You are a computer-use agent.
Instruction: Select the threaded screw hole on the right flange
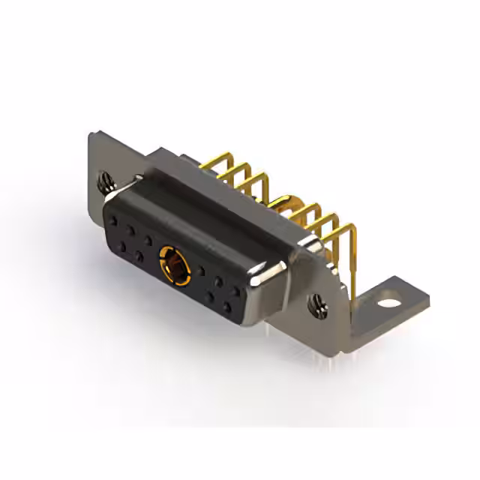[316, 304]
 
